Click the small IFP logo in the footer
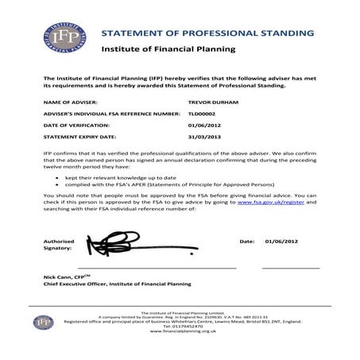43,322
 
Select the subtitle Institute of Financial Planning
168,50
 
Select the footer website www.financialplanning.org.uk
180,331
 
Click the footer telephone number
180,326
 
